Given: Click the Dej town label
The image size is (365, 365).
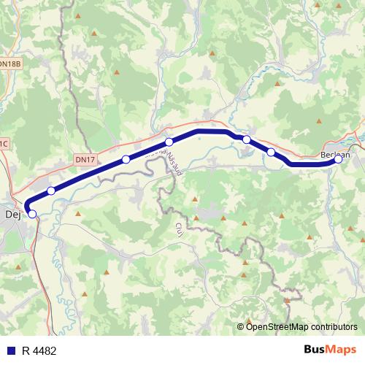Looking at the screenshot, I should coord(12,215).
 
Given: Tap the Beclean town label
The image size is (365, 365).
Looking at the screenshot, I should coord(335,155).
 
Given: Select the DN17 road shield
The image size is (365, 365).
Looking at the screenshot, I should coord(85,158).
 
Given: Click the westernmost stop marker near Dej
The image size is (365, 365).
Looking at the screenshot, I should coord(31,213).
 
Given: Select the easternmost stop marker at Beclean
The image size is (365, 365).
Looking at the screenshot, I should coord(338,160).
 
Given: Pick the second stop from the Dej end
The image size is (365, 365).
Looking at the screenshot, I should coord(51,191).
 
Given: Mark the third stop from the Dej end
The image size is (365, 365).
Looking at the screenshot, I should coord(126,159).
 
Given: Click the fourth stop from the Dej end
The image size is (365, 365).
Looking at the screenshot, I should coord(169,142).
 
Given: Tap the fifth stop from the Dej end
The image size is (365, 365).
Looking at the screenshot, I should coord(247,139).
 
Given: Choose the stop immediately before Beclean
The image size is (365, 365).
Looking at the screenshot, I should coord(271,152).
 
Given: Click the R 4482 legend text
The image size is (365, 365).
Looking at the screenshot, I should coord(39,351).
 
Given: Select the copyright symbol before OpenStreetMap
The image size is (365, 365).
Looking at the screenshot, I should coord(241,326).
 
